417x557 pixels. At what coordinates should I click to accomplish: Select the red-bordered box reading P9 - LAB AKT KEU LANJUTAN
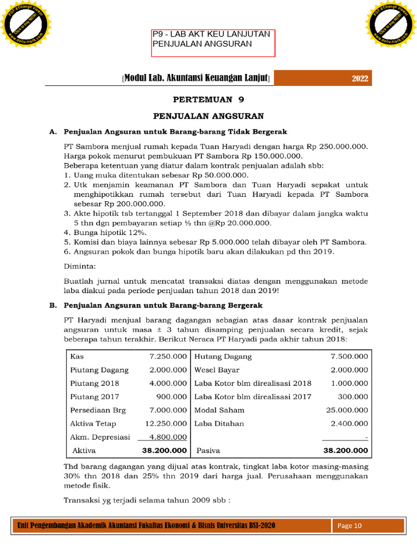[213, 43]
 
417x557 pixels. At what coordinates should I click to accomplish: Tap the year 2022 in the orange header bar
[359, 79]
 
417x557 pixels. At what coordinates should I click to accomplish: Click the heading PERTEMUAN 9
[208, 100]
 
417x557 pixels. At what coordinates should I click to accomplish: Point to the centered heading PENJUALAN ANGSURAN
[208, 116]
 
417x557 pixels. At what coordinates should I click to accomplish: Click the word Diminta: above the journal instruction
[79, 267]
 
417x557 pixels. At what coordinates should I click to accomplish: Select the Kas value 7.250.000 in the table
[168, 357]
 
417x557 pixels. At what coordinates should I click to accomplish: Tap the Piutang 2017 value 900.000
[172, 397]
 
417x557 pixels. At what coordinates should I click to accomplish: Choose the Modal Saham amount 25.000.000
[346, 410]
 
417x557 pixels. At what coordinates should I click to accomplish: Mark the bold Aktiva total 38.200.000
[165, 450]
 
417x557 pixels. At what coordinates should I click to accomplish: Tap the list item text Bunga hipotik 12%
[108, 232]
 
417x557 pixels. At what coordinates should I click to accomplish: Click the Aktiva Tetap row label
[93, 423]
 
